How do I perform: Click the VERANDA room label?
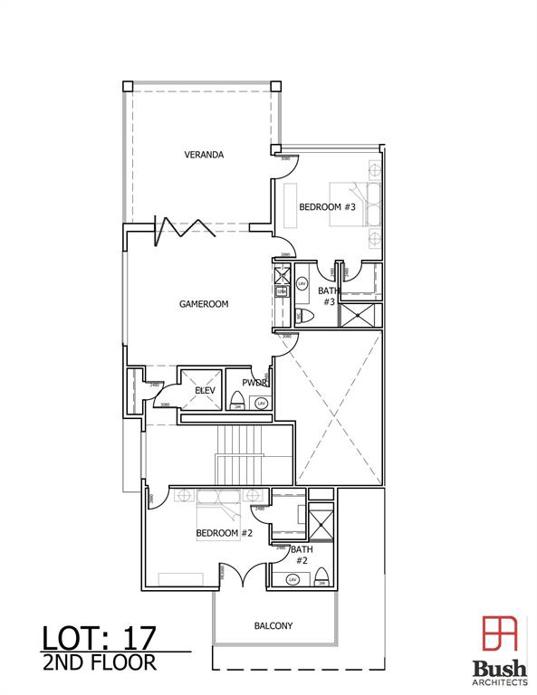[x=204, y=155]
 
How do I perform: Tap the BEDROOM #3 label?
[x=327, y=207]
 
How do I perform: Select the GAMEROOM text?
[x=203, y=304]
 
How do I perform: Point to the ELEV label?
[x=205, y=390]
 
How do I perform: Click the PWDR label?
[x=253, y=383]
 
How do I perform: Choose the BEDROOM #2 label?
[x=224, y=533]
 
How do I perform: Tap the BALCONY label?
[x=273, y=625]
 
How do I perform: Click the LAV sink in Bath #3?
[x=302, y=284]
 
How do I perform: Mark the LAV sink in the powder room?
[x=261, y=403]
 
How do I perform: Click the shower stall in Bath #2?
[x=321, y=523]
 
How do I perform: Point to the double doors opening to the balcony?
[x=241, y=576]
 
